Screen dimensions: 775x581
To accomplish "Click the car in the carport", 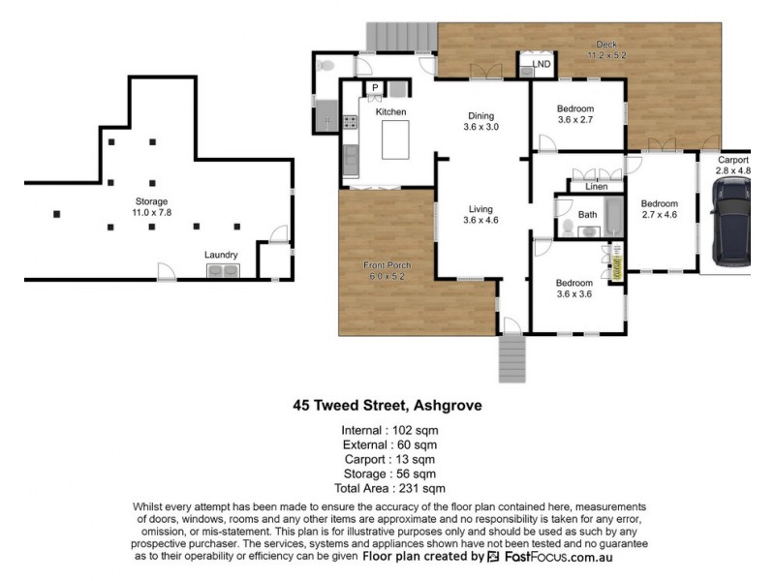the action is click(x=730, y=222).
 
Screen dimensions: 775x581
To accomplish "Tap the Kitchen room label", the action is click(x=390, y=112).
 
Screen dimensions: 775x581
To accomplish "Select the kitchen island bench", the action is click(x=395, y=139).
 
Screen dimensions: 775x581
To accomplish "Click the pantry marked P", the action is click(x=375, y=88).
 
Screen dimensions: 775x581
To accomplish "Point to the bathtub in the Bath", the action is click(x=614, y=217).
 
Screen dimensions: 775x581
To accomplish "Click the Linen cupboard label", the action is click(x=597, y=186).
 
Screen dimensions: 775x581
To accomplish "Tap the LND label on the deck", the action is click(x=542, y=64).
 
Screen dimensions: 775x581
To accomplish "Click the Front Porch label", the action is click(x=387, y=265).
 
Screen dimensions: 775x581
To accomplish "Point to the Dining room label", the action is click(x=480, y=116).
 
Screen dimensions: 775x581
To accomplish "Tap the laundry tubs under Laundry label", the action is click(x=223, y=271).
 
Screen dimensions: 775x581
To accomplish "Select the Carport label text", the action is click(x=733, y=160).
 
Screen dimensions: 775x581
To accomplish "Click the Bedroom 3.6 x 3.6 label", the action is click(x=574, y=289).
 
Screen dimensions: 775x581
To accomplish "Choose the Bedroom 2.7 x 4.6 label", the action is click(x=660, y=209).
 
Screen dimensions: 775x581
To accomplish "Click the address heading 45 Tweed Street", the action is click(x=387, y=406).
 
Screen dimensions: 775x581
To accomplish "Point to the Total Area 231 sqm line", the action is click(x=389, y=489).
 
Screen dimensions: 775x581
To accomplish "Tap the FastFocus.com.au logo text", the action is click(x=559, y=558).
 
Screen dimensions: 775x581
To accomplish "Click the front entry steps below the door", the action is click(x=512, y=359).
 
